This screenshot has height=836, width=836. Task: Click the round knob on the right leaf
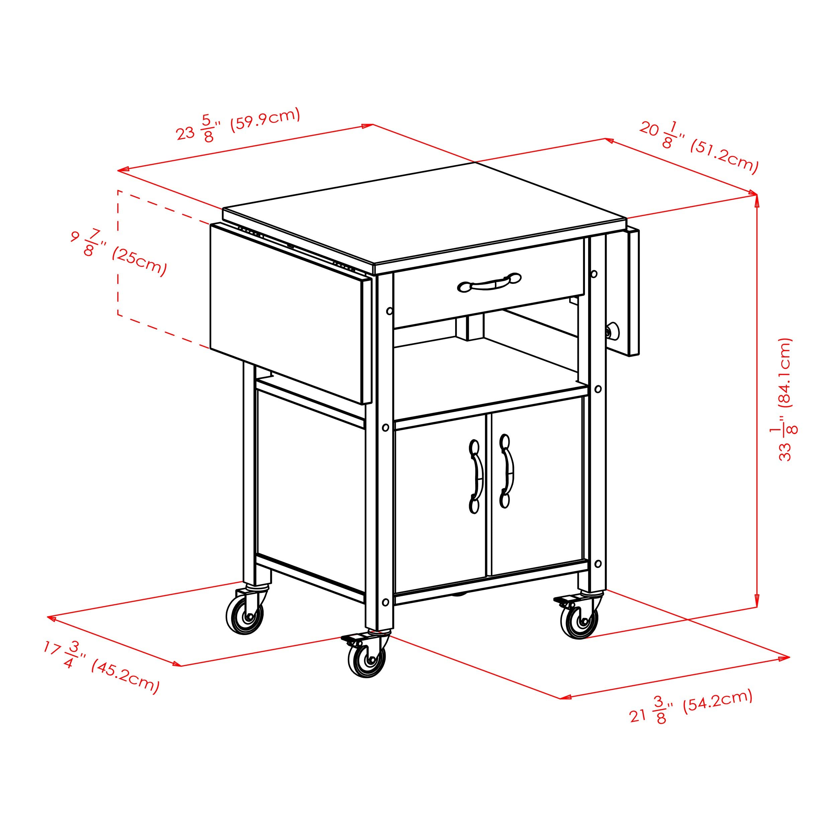click(x=612, y=332)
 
